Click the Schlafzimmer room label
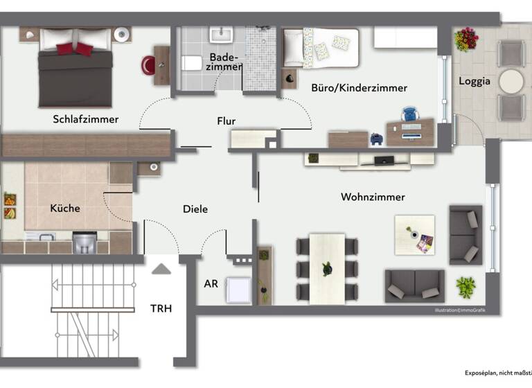tap(85, 119)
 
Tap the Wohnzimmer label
tap(373, 197)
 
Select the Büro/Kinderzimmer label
tap(359, 88)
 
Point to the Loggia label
tap(475, 81)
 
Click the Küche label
tap(65, 208)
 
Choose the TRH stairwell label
tap(161, 309)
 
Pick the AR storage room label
tap(211, 284)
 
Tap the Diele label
tap(195, 209)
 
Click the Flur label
tap(226, 121)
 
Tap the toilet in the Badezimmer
tap(191, 64)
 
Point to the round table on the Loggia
tap(511, 81)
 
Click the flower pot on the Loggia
tap(466, 39)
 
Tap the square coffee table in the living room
tap(414, 235)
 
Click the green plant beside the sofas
tap(466, 285)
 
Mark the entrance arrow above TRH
tap(161, 269)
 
